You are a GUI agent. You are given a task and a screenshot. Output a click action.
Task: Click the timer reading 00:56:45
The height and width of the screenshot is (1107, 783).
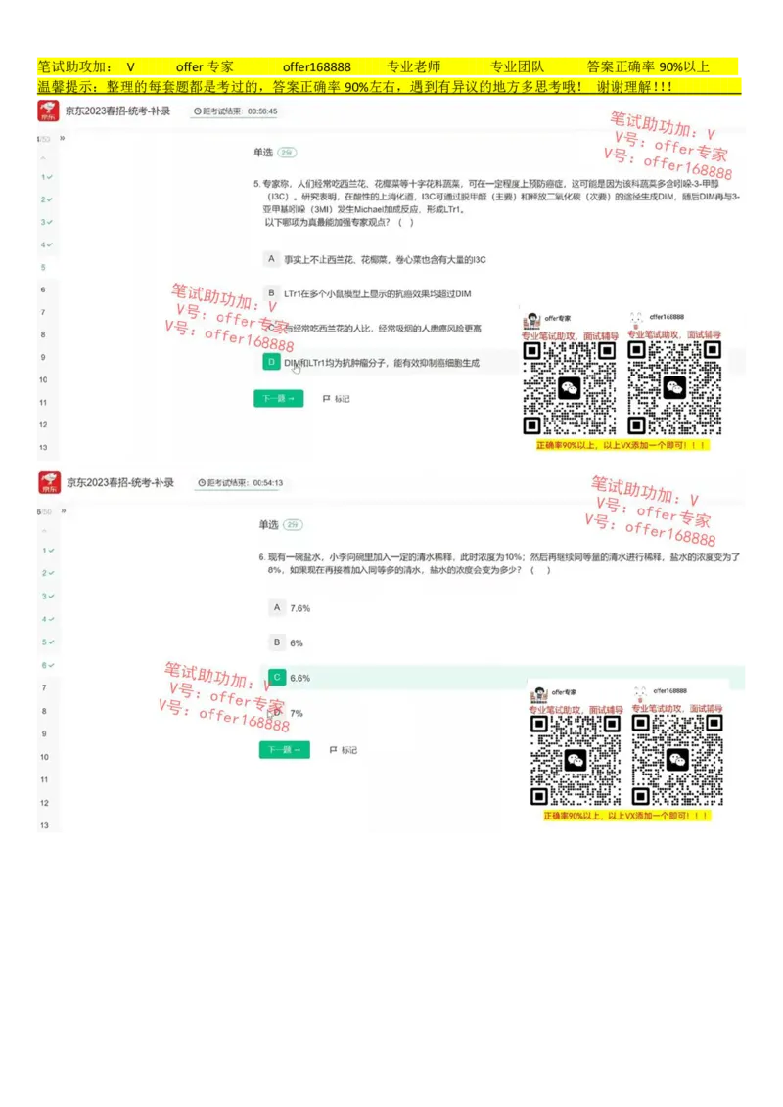pos(262,111)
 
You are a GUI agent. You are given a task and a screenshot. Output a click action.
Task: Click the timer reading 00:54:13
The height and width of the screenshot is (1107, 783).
pos(267,483)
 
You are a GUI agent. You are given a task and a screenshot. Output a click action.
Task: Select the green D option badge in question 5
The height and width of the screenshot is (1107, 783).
pos(271,362)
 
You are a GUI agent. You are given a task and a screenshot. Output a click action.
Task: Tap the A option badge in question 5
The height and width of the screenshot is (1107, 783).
pos(271,259)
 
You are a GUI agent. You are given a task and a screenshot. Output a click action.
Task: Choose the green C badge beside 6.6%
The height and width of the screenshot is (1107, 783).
pos(277,677)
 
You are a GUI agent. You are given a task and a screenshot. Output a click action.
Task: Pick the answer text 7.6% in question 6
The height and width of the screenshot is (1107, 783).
pos(299,608)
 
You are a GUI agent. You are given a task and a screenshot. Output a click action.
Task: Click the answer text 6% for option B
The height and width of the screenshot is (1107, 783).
pos(297,642)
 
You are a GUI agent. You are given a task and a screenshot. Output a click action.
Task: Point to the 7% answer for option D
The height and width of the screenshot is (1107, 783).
pos(297,713)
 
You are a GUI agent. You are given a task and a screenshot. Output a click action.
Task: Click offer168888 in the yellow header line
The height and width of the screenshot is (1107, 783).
pos(316,67)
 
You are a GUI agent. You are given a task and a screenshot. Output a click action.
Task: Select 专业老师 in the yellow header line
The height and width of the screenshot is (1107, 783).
pos(414,67)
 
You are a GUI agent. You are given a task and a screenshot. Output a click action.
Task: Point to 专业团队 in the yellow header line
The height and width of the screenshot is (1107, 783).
pos(517,67)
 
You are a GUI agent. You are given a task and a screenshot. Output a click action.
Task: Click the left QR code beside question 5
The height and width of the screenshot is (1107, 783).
pos(570,387)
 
